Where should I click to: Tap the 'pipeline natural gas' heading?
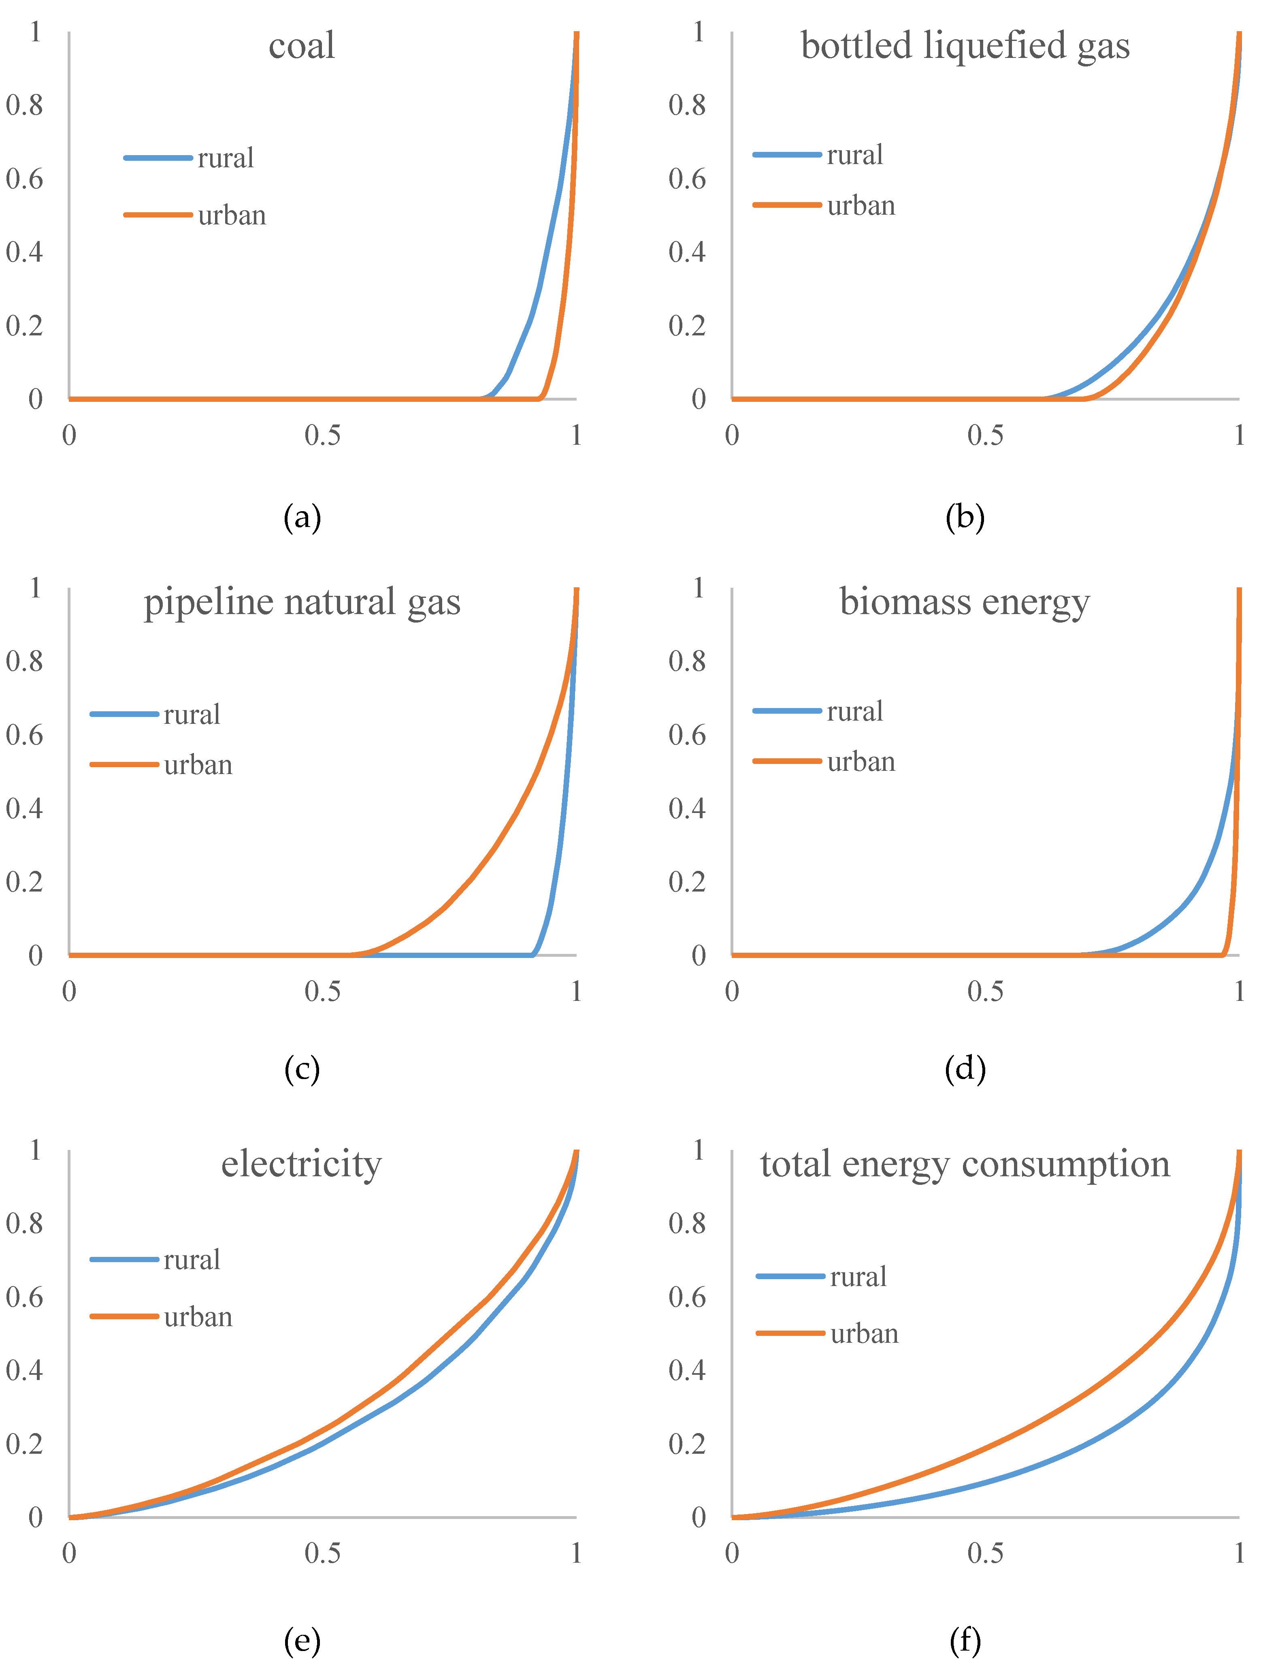pyautogui.click(x=302, y=603)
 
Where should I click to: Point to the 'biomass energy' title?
pyautogui.click(x=965, y=603)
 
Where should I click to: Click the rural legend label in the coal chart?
pyautogui.click(x=226, y=158)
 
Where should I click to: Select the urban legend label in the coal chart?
pyautogui.click(x=232, y=215)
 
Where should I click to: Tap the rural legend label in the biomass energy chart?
pyautogui.click(x=854, y=711)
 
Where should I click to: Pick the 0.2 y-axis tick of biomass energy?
pyautogui.click(x=687, y=881)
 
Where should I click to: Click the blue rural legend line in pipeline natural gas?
pyautogui.click(x=124, y=714)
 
